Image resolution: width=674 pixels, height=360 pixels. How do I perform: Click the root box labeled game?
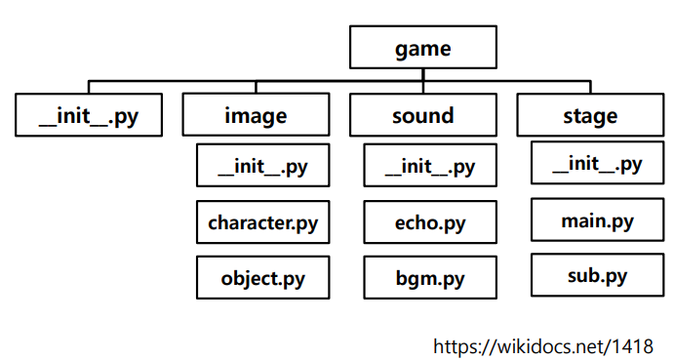tap(423, 48)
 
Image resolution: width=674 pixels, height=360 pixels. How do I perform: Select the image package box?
tap(257, 115)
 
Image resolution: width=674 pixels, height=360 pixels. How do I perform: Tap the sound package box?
tap(423, 115)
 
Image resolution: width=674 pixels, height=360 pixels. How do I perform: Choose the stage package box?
tap(590, 115)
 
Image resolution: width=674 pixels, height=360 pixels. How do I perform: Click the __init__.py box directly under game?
tap(89, 115)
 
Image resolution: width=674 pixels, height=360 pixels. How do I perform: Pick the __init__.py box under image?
tap(262, 166)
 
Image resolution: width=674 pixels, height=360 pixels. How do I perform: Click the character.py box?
tap(262, 222)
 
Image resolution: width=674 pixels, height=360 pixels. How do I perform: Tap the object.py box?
tap(262, 278)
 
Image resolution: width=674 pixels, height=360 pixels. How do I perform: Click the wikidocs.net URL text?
tap(543, 344)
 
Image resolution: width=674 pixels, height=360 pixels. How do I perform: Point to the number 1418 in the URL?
tap(634, 344)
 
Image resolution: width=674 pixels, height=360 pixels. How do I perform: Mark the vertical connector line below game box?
tap(423, 74)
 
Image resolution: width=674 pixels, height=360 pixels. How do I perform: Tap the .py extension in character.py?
tap(303, 222)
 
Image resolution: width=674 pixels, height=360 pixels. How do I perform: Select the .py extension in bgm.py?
tap(450, 278)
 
